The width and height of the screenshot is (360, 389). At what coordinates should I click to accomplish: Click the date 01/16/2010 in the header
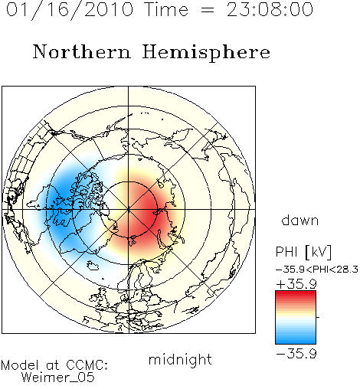(x=70, y=10)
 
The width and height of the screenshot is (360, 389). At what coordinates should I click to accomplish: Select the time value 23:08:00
(x=270, y=10)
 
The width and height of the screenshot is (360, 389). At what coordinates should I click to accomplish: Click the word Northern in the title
(x=82, y=52)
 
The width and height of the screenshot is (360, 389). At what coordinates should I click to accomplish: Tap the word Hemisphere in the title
(x=206, y=52)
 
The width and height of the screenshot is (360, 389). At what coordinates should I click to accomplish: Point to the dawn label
(x=300, y=220)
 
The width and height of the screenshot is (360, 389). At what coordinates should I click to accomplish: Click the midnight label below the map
(x=180, y=360)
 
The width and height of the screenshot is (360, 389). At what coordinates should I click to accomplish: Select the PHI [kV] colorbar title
(x=303, y=252)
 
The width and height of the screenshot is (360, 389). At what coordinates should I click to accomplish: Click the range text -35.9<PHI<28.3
(x=317, y=270)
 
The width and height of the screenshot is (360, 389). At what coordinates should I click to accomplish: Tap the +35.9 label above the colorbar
(x=296, y=284)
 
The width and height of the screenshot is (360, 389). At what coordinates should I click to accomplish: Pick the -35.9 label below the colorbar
(x=296, y=354)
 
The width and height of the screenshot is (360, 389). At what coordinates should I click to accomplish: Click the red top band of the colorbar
(x=296, y=293)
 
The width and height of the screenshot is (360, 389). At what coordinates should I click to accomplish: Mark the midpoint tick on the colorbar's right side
(x=318, y=317)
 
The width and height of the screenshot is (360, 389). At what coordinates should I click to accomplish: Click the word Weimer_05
(x=58, y=377)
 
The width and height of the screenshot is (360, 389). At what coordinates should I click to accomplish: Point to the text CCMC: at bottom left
(x=87, y=365)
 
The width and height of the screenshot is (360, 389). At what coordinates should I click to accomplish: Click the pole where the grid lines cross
(x=129, y=210)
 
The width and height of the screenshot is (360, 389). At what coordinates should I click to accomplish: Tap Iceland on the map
(x=93, y=266)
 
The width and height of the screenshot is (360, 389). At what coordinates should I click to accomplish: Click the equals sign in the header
(x=208, y=10)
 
